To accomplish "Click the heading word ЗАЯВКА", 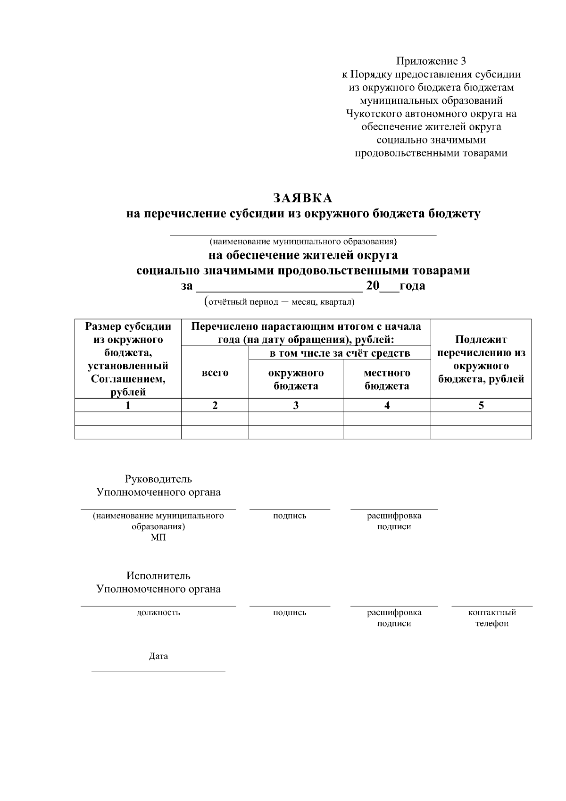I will pyautogui.click(x=302, y=197).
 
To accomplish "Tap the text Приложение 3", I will pyautogui.click(x=431, y=61).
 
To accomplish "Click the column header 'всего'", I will pyautogui.click(x=215, y=373).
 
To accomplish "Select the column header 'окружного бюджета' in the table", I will pyautogui.click(x=296, y=379).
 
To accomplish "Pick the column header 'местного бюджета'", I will pyautogui.click(x=387, y=379).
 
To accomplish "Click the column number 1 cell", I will pyautogui.click(x=128, y=405).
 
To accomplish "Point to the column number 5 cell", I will pyautogui.click(x=481, y=405).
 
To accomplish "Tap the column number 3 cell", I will pyautogui.click(x=296, y=405).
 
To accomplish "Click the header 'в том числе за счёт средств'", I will pyautogui.click(x=340, y=353).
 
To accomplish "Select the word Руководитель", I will pyautogui.click(x=158, y=479).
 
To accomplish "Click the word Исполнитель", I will pyautogui.click(x=158, y=576).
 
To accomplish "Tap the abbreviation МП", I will pyautogui.click(x=158, y=538).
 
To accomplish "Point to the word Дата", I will pyautogui.click(x=158, y=656).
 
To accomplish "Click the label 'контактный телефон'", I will pyautogui.click(x=492, y=618).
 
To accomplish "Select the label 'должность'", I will pyautogui.click(x=158, y=613).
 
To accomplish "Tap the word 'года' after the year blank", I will pyautogui.click(x=412, y=286).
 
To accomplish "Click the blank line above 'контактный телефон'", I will pyautogui.click(x=492, y=606).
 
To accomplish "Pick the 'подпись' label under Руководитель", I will pyautogui.click(x=290, y=516).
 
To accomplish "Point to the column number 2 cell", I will pyautogui.click(x=215, y=405).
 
